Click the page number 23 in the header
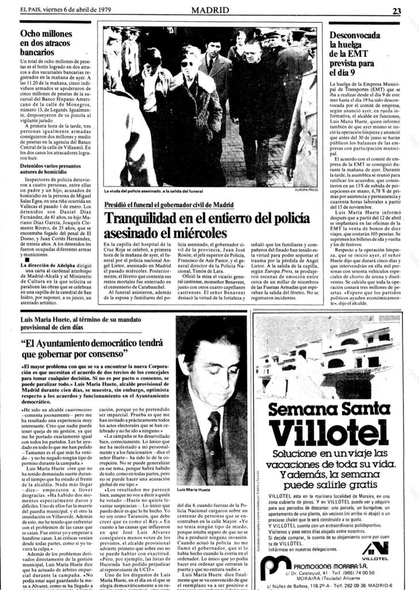397,10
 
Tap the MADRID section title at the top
209,10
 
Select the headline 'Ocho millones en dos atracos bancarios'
46,43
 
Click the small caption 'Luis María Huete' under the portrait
195,489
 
